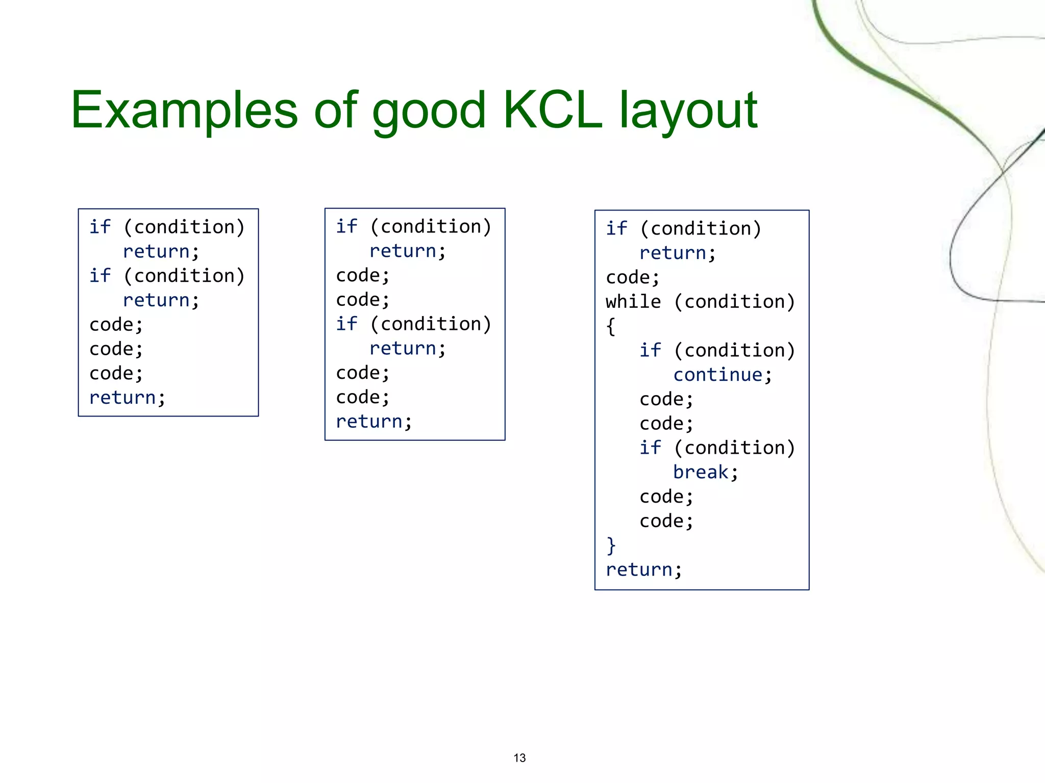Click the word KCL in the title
553,110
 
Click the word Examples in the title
184,110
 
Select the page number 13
519,758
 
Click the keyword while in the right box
633,302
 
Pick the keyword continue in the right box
717,375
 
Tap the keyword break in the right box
701,473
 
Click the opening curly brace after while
611,326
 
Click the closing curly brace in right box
611,545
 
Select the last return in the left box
122,398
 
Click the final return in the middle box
369,422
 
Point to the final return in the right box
639,570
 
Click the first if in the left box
100,227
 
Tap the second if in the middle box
346,324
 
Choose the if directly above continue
650,351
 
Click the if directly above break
650,448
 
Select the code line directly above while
632,278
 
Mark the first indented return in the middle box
403,251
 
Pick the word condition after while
734,302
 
